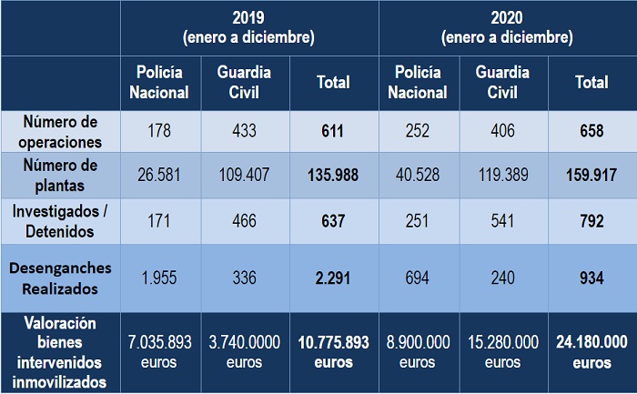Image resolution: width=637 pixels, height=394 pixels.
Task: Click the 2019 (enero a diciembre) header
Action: coord(248,27)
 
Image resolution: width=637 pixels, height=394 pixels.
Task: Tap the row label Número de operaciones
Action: coord(61,131)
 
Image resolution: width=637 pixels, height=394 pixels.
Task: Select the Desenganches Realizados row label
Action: coord(61,278)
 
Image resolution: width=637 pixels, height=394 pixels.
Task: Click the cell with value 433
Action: coord(244,132)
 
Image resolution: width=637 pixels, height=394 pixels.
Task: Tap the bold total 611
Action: coord(332,132)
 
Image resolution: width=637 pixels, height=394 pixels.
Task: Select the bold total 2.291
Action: coord(332,278)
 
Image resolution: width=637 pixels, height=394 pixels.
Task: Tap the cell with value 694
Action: coord(418,278)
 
